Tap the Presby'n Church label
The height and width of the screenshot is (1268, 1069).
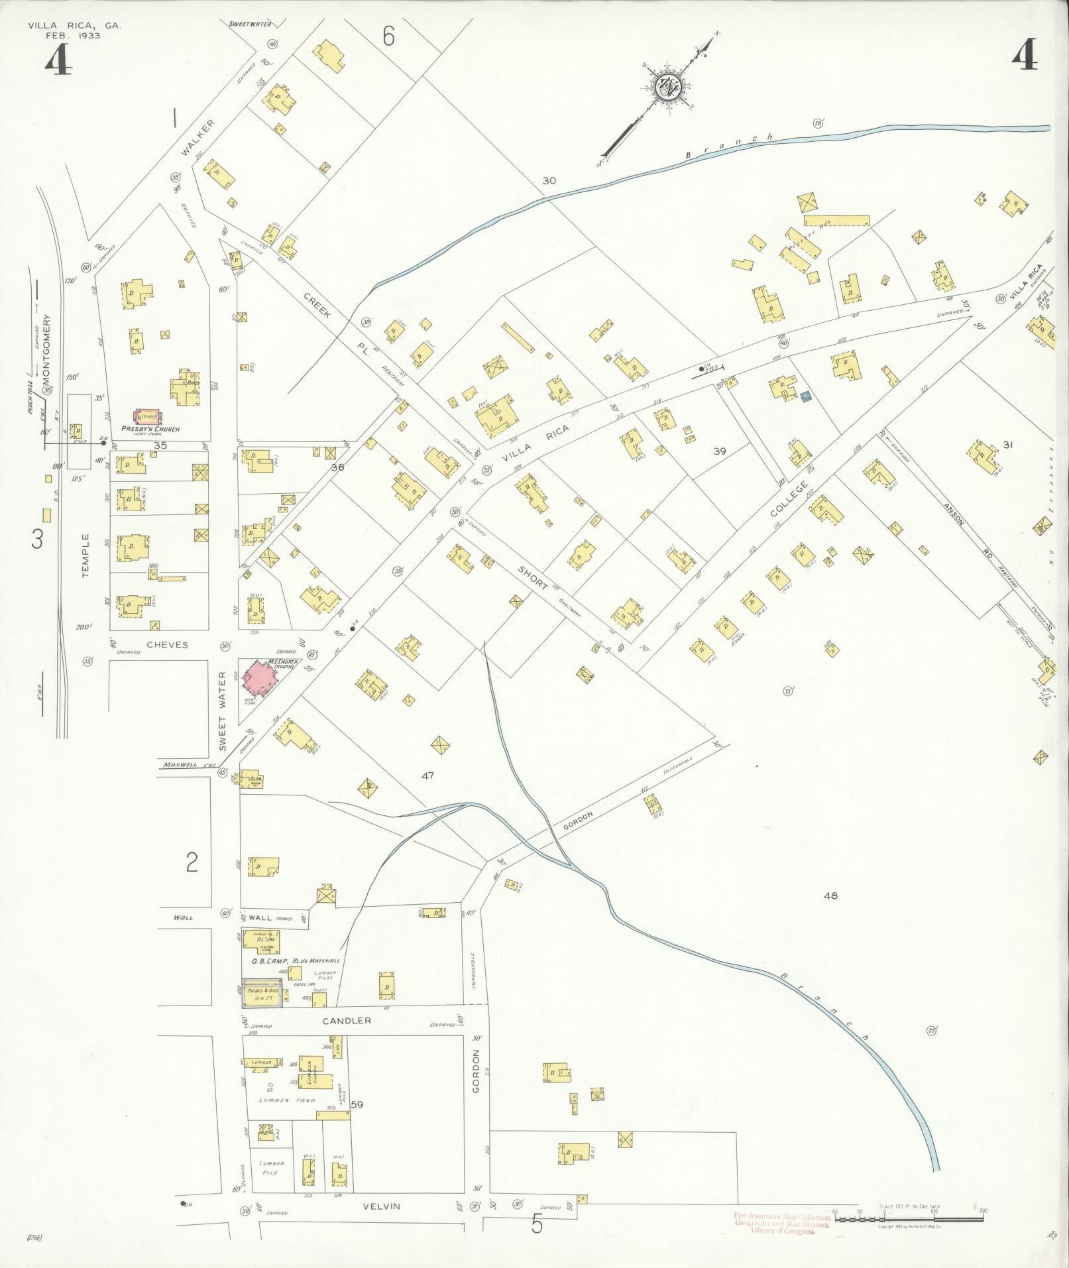coord(150,429)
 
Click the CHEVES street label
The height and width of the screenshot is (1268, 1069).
coord(167,644)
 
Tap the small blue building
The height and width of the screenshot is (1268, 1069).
coord(806,396)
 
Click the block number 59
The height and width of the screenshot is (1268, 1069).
coord(357,1104)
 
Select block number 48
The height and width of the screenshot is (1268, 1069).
coord(830,895)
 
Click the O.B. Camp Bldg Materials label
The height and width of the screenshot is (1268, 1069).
coord(295,960)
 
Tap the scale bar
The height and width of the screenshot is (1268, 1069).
coord(909,1217)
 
